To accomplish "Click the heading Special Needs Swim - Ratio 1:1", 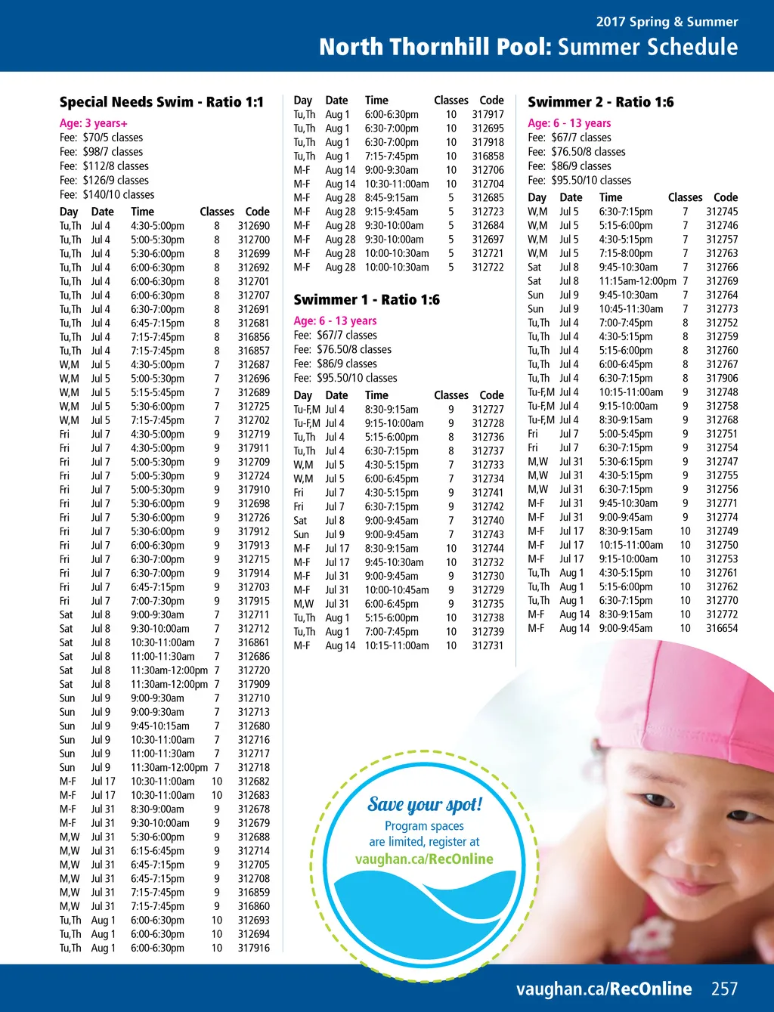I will click(162, 102).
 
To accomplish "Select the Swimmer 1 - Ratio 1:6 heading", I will click(367, 300).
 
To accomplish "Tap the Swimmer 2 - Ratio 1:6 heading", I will click(600, 102).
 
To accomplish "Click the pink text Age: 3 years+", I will click(94, 123).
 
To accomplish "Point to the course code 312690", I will click(253, 226).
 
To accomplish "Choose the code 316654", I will click(722, 628).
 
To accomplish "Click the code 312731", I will click(488, 645).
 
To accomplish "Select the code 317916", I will click(253, 948).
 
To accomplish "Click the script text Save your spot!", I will click(425, 805).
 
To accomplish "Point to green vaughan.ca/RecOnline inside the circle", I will click(424, 859).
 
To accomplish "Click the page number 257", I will click(724, 989).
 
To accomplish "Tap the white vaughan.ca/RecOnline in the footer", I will click(604, 989).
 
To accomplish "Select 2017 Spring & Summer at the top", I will click(667, 22).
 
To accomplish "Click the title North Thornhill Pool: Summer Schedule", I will click(528, 47).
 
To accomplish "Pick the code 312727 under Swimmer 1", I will click(488, 409).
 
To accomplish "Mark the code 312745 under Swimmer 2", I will click(722, 212).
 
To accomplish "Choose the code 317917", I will click(488, 114).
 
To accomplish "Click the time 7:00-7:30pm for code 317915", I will click(157, 601).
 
